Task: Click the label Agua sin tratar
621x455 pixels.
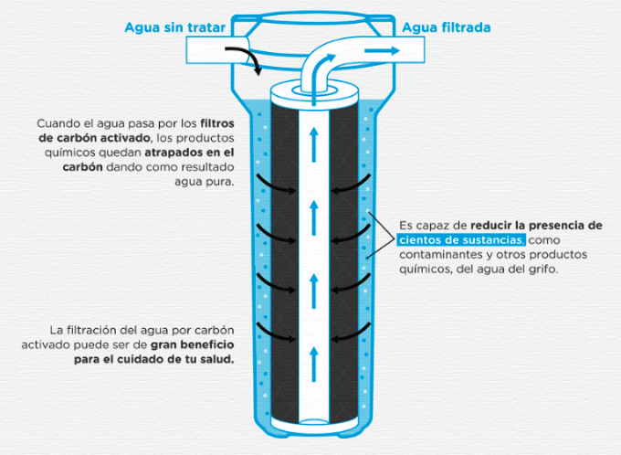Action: coord(174,27)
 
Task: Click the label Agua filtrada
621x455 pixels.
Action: coord(447,27)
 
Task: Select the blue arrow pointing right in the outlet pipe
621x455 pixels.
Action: coord(382,51)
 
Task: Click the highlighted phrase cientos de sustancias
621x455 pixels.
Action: coord(461,240)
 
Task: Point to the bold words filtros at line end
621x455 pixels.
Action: coord(217,123)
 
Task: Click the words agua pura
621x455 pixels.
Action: coord(204,182)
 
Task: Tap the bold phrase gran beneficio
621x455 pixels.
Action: coord(192,344)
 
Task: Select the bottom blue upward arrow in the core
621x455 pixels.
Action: coord(314,364)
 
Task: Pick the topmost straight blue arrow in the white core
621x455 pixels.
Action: coord(314,144)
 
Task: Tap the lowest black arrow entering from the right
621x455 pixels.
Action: coord(351,333)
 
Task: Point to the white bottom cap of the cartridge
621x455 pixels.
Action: coord(315,424)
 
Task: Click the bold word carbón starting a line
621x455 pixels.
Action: coord(82,167)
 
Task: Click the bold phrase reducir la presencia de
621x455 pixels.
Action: coord(536,226)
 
